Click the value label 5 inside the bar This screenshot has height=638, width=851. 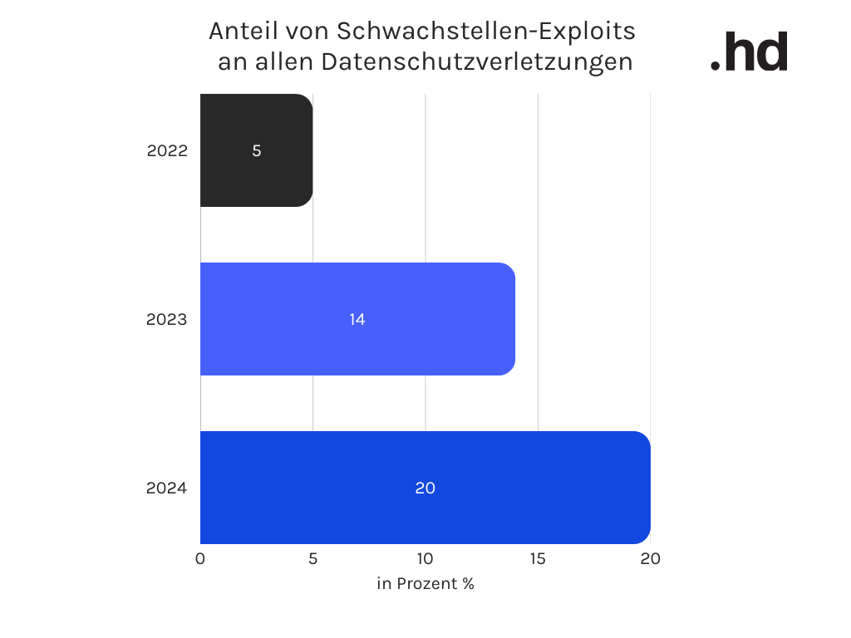click(x=257, y=151)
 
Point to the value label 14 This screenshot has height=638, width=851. click(x=357, y=320)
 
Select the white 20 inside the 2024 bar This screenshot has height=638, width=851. click(x=425, y=488)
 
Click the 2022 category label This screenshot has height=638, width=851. click(x=167, y=151)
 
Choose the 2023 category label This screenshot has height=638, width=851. click(x=167, y=320)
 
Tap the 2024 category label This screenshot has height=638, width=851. click(x=167, y=488)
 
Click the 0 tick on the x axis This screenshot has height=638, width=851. click(x=200, y=559)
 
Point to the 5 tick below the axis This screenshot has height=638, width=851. click(x=312, y=559)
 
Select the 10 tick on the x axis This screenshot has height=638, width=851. click(x=425, y=559)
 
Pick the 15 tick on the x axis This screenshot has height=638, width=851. click(x=538, y=559)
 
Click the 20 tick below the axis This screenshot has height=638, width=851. click(x=650, y=559)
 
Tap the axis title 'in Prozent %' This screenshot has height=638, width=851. click(x=425, y=584)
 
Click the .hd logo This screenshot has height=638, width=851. click(x=750, y=53)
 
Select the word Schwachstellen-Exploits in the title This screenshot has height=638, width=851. click(x=486, y=32)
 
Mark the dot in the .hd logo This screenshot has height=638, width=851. click(x=716, y=65)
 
